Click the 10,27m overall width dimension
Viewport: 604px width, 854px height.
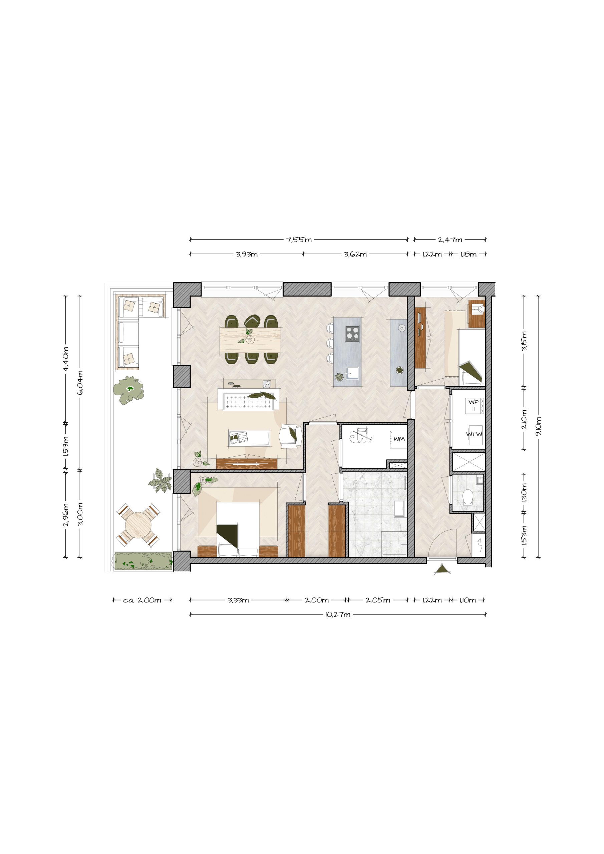pos(338,614)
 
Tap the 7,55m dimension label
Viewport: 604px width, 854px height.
pos(299,240)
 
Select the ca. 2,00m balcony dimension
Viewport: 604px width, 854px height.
pos(142,600)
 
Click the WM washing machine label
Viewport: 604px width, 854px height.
pos(399,439)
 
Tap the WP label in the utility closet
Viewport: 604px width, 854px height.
pos(474,402)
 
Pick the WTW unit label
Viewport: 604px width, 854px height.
pos(474,434)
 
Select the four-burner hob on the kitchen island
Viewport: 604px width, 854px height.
pos(352,333)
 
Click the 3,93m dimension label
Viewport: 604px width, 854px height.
pos(246,255)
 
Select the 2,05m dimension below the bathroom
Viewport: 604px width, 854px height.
pos(378,600)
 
